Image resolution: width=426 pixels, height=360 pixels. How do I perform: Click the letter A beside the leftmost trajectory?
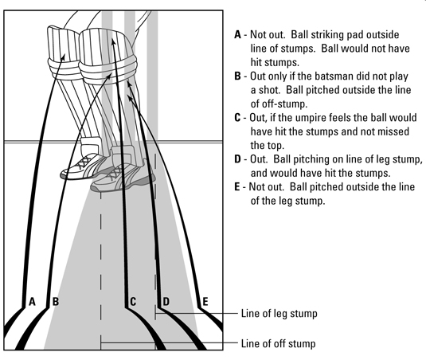[33, 302]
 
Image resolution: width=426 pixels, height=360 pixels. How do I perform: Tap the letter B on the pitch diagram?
[56, 302]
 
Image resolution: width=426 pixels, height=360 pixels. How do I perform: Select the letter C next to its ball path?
[133, 302]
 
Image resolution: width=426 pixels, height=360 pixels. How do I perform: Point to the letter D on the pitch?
[166, 302]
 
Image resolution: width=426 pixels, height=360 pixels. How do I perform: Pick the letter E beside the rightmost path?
[205, 302]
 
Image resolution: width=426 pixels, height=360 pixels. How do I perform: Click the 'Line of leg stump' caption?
[279, 314]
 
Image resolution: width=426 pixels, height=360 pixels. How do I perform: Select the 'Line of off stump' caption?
[278, 344]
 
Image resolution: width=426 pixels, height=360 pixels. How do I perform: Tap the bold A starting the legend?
[238, 35]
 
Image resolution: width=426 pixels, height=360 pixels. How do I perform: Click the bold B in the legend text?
[237, 76]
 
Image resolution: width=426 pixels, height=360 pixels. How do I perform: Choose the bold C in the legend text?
[237, 118]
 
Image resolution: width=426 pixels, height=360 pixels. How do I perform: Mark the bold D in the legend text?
[238, 159]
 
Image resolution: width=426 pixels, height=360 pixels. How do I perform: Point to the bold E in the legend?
[237, 187]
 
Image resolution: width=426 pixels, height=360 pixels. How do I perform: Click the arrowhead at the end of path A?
[64, 57]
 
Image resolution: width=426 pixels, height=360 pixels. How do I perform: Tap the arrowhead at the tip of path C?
[113, 41]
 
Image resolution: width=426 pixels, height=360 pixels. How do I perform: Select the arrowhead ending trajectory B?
[108, 75]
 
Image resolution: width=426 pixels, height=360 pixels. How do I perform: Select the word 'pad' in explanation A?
[356, 35]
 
